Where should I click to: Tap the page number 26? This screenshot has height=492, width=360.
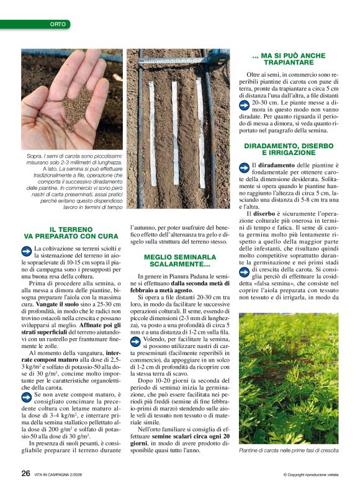pyautogui.click(x=25, y=473)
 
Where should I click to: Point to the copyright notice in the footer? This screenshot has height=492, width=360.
pyautogui.click(x=311, y=475)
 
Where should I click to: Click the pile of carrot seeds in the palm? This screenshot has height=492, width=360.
pyautogui.click(x=77, y=99)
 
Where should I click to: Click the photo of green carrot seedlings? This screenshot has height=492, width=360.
pyautogui.click(x=289, y=378)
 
